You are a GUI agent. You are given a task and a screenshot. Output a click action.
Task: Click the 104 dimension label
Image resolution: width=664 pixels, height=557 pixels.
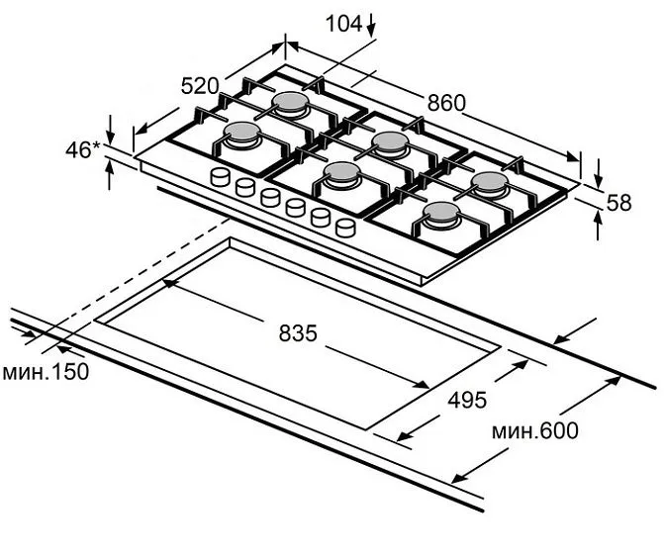tap(343, 24)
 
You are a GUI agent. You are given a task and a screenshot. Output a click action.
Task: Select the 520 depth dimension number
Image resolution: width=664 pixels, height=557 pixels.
tap(200, 86)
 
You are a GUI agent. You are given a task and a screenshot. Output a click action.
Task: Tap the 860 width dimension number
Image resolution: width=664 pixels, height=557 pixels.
tap(446, 103)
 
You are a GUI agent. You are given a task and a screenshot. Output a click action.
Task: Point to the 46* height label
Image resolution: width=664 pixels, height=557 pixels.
tap(82, 149)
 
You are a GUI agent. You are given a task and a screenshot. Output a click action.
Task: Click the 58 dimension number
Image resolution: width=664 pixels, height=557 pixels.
tap(619, 203)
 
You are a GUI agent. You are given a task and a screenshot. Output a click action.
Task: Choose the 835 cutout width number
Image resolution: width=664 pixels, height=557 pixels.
tap(298, 333)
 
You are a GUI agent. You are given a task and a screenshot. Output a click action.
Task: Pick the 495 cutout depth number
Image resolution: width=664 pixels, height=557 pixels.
tap(467, 400)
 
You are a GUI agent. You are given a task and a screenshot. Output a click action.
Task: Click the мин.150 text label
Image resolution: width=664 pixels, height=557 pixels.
tap(46, 372)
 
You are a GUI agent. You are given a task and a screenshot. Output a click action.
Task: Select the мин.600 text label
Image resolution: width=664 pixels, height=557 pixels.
tap(535, 431)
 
